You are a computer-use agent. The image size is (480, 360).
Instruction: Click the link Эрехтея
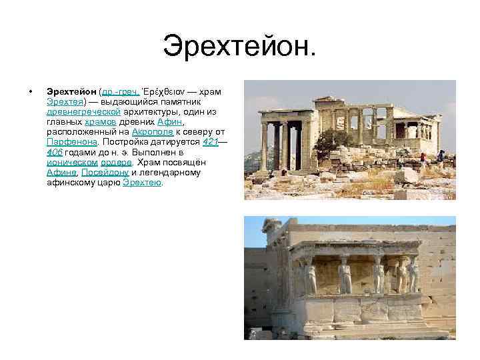click(65, 102)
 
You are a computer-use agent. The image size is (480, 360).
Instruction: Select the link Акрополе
click(151, 132)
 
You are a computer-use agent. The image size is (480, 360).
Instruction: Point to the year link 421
click(210, 142)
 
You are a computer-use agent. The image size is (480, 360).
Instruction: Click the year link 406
click(55, 152)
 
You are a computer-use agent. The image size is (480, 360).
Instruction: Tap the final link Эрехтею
click(143, 182)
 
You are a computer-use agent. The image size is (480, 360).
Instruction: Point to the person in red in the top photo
click(423, 158)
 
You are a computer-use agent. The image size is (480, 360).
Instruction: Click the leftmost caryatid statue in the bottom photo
click(311, 274)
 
